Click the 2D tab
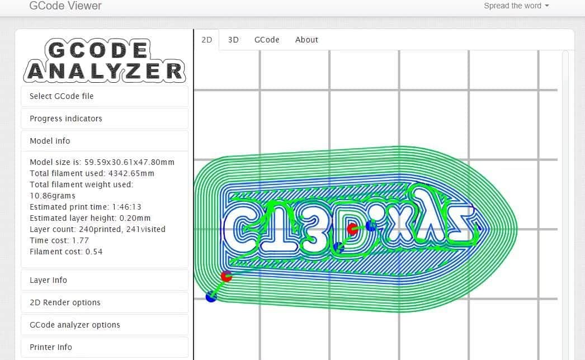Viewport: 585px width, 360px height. coord(207,40)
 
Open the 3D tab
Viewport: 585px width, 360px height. coord(233,40)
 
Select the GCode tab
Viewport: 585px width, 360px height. coord(267,40)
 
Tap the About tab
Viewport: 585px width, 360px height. coord(306,40)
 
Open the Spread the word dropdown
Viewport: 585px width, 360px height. coord(516,6)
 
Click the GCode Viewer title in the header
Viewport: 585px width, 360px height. coord(65,6)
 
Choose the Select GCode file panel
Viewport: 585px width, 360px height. coord(104,96)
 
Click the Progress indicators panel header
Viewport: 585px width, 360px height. coord(104,119)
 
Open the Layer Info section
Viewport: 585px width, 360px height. coord(104,280)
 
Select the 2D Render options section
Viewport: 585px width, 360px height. coord(104,302)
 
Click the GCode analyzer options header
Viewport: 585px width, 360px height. coord(104,325)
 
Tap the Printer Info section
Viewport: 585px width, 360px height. coord(104,347)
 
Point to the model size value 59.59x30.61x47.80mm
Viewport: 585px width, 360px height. coord(129,162)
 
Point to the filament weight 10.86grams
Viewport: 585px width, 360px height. coord(52,196)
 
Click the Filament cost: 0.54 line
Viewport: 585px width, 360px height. coord(66,252)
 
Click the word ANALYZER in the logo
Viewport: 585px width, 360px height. coord(105,72)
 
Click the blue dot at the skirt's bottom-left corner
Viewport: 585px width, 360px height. coord(211,297)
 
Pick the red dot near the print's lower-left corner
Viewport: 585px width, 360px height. coord(227,276)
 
